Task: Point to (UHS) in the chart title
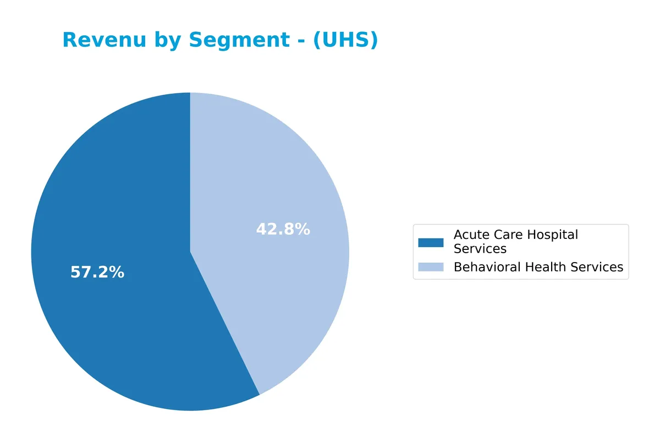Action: pyautogui.click(x=345, y=41)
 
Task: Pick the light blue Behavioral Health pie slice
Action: pyautogui.click(x=275, y=182)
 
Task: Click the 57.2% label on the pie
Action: pyautogui.click(x=97, y=272)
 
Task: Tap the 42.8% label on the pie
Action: pyautogui.click(x=283, y=230)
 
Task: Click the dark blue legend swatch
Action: pyautogui.click(x=431, y=242)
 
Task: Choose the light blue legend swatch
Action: pyautogui.click(x=431, y=267)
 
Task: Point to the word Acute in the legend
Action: pyautogui.click(x=469, y=235)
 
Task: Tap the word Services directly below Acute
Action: pyautogui.click(x=480, y=249)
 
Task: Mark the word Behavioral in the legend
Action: pyautogui.click(x=487, y=268)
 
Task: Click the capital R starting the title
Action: pyautogui.click(x=69, y=40)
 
